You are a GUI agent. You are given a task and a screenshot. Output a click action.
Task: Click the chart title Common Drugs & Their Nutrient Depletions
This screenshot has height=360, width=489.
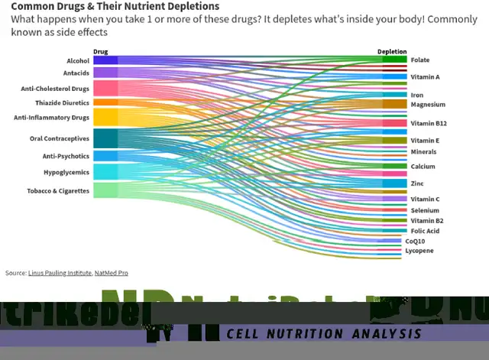pos(115,6)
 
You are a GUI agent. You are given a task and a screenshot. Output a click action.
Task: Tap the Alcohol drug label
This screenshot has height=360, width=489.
pos(77,60)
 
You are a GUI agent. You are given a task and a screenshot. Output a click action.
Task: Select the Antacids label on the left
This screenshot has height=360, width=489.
pos(76,73)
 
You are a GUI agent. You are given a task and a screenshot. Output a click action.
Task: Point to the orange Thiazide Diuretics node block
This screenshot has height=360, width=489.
pos(105,102)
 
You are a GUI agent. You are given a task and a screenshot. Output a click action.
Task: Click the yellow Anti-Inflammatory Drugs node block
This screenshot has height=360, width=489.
pos(105,117)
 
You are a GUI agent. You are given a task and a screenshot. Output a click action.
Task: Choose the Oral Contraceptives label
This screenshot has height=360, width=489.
pos(59,138)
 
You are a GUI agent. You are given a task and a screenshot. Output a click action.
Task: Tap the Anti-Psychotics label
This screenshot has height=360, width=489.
pos(66,156)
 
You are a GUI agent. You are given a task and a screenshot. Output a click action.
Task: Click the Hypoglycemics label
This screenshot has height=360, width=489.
pos(66,172)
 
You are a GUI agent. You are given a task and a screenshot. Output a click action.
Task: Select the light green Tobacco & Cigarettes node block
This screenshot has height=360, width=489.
pos(105,190)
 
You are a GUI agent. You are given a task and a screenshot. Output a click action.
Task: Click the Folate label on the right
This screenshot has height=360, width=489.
pos(419,60)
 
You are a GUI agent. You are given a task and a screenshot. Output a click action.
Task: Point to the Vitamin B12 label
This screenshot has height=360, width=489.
pos(428,123)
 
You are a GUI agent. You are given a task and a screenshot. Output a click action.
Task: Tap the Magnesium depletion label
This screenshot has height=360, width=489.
pos(427,104)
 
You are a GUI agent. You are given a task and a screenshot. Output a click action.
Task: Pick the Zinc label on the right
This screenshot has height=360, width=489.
pos(416,183)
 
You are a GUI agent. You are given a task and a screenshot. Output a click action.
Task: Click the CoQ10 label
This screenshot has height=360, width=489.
pos(415,241)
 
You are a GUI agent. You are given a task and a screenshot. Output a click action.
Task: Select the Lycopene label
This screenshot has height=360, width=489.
pos(419,251)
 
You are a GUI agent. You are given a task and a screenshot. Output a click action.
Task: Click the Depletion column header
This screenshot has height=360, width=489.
pos(392,52)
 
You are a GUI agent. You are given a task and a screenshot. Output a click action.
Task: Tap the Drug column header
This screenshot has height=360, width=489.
pos(100,52)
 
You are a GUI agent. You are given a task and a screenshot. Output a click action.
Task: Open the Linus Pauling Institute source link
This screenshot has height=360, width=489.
pos(60,273)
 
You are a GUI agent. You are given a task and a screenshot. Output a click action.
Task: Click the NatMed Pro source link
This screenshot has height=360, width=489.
pos(111,273)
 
